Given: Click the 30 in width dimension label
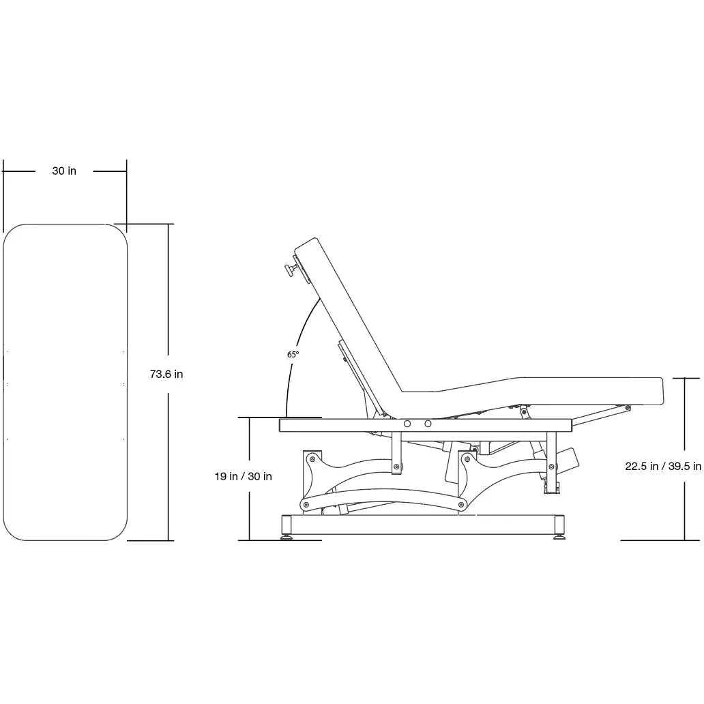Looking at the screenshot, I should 64,171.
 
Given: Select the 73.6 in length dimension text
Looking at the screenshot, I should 166,374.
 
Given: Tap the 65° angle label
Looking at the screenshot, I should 293,355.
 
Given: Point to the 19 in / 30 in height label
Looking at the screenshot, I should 243,477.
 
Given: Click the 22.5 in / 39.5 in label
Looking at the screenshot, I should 663,467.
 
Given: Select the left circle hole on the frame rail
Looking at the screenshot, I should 407,424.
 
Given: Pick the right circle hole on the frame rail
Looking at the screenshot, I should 428,424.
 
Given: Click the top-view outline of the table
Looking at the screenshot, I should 65,382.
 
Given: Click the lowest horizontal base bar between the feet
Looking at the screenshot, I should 423,524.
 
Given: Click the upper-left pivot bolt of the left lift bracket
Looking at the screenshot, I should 311,457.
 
